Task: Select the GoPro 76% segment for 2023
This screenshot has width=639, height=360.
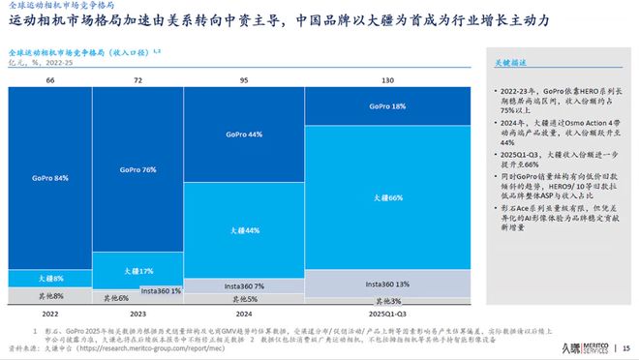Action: [x=138, y=170]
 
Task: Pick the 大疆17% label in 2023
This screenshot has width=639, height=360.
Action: [x=138, y=270]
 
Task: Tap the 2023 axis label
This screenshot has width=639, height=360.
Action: [x=138, y=314]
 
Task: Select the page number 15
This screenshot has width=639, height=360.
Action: [x=625, y=348]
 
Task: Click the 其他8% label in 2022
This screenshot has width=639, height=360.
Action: [x=50, y=296]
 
